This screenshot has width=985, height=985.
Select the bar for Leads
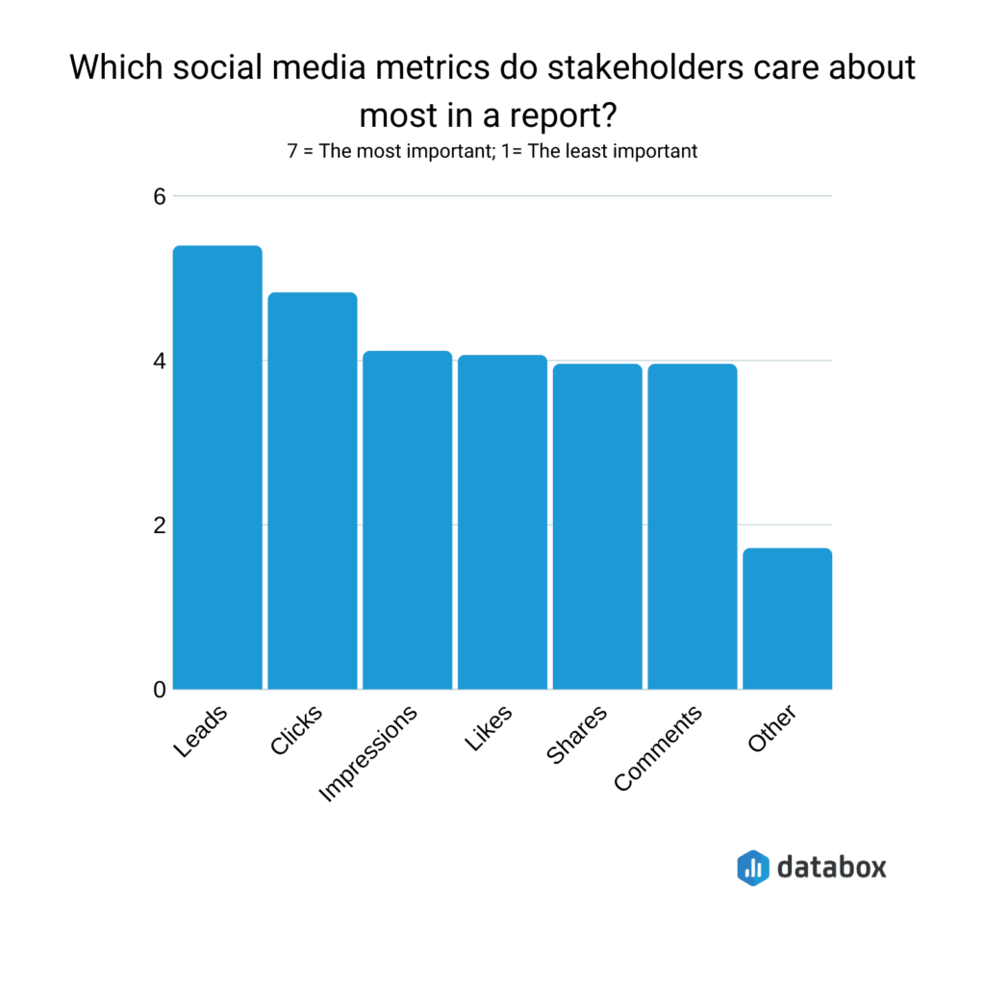(x=217, y=467)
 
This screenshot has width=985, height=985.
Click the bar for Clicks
(x=312, y=491)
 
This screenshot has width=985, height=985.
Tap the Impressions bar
(x=407, y=520)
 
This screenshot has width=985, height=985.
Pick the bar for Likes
(x=502, y=522)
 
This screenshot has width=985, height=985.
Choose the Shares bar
(x=596, y=526)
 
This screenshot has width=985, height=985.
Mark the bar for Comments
(x=692, y=526)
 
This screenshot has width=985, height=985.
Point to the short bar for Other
(x=787, y=619)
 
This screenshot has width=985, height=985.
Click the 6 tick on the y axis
(x=159, y=196)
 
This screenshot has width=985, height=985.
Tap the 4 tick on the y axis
(x=159, y=361)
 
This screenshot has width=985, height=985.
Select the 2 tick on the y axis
(x=159, y=525)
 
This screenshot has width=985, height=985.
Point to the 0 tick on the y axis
(x=159, y=690)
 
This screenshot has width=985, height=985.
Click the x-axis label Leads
(x=203, y=732)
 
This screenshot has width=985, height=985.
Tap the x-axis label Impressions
(x=369, y=754)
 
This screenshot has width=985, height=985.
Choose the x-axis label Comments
(x=659, y=749)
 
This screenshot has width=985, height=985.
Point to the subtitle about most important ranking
(x=492, y=151)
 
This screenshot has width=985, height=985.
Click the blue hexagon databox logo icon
(x=753, y=867)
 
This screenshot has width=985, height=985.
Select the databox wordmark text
(x=832, y=867)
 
